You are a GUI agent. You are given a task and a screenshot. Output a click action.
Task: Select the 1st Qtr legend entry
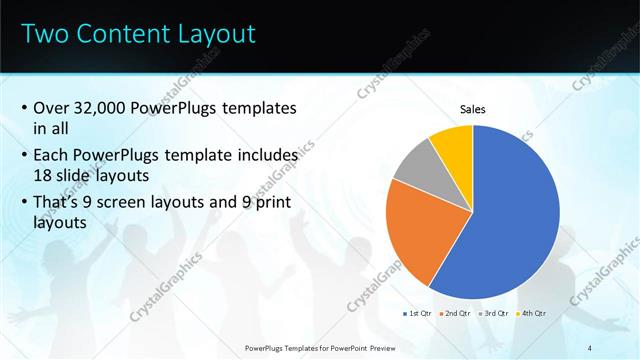coord(417,313)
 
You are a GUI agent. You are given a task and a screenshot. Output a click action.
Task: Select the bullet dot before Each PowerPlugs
coord(24,158)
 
